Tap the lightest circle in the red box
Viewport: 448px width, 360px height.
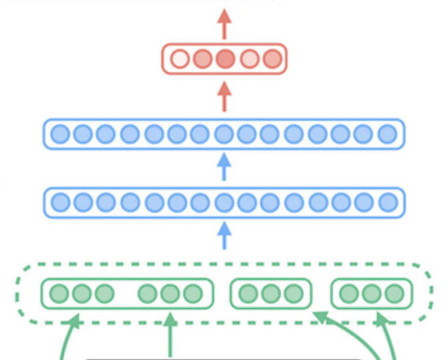coord(179,59)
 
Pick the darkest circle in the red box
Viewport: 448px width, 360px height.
coord(225,59)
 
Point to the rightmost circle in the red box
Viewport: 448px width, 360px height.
coord(271,59)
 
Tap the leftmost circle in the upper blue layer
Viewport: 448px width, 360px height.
coord(60,134)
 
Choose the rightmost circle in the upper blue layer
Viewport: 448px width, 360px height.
coord(387,134)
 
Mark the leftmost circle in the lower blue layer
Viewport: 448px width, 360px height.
coord(60,201)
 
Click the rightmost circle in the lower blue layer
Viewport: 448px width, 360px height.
coord(387,201)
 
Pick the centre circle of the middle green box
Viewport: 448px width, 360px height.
coord(271,294)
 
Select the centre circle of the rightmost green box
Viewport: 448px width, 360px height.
coord(372,294)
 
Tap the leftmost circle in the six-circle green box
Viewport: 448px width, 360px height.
coord(60,294)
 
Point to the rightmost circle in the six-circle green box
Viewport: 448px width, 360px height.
coord(193,294)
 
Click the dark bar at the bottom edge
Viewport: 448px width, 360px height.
coord(224,358)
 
